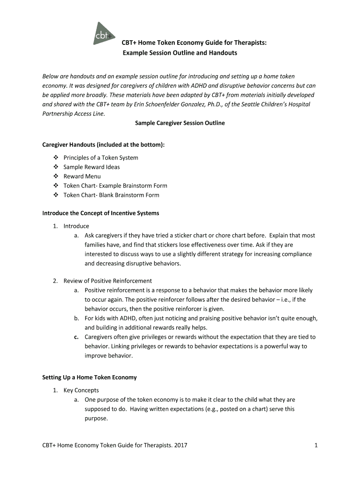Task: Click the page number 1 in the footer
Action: [x=316, y=445]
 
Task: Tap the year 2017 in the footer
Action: [x=180, y=445]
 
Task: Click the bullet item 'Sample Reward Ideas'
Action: [x=92, y=167]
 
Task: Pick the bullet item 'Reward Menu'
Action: [x=82, y=176]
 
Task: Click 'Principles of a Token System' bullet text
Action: [x=101, y=158]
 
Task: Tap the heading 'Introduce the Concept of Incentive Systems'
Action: [x=101, y=213]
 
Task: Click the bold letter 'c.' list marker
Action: [x=76, y=337]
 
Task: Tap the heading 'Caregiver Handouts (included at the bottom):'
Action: [x=103, y=145]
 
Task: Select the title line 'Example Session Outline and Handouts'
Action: [x=180, y=53]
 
